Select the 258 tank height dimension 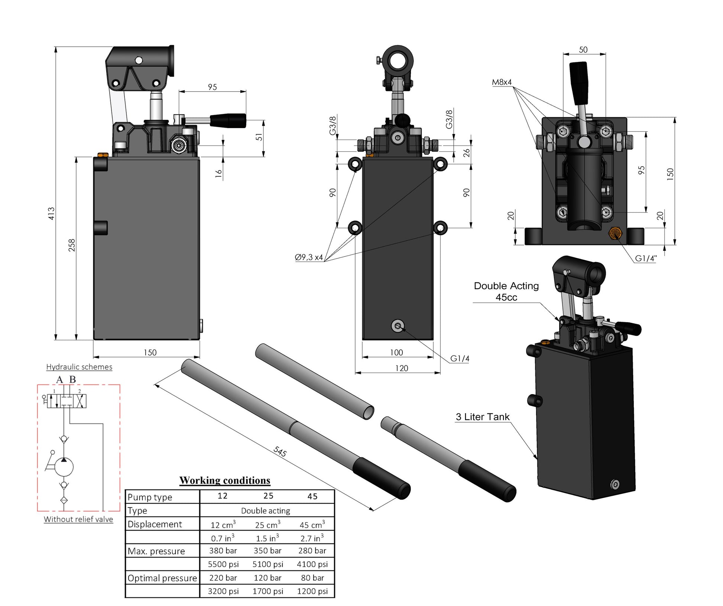click(x=72, y=245)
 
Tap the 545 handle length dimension click(x=280, y=451)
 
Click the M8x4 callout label click(x=502, y=82)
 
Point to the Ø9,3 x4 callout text click(x=309, y=257)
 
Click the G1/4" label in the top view click(x=646, y=258)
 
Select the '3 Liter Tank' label click(x=483, y=417)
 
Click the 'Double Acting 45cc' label click(x=506, y=291)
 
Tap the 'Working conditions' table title click(x=225, y=480)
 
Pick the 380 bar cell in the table click(x=223, y=551)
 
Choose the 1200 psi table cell click(x=312, y=591)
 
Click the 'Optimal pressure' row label click(x=162, y=578)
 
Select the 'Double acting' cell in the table click(x=266, y=511)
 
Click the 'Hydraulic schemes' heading click(x=79, y=367)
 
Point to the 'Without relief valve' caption click(x=78, y=519)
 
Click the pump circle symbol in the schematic click(x=64, y=467)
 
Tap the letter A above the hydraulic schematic click(x=59, y=380)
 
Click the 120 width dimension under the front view click(x=401, y=368)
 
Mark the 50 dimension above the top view click(x=583, y=50)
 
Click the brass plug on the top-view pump click(x=615, y=233)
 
